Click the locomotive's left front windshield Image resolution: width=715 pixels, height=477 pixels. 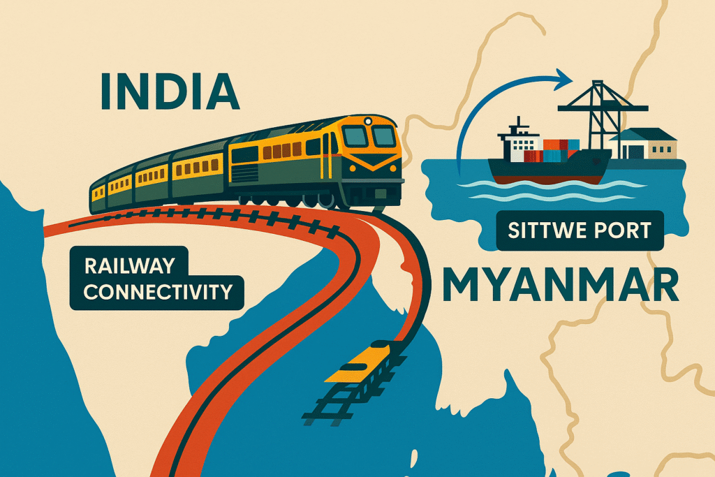pos(356,135)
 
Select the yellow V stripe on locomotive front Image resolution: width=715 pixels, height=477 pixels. pos(369,165)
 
